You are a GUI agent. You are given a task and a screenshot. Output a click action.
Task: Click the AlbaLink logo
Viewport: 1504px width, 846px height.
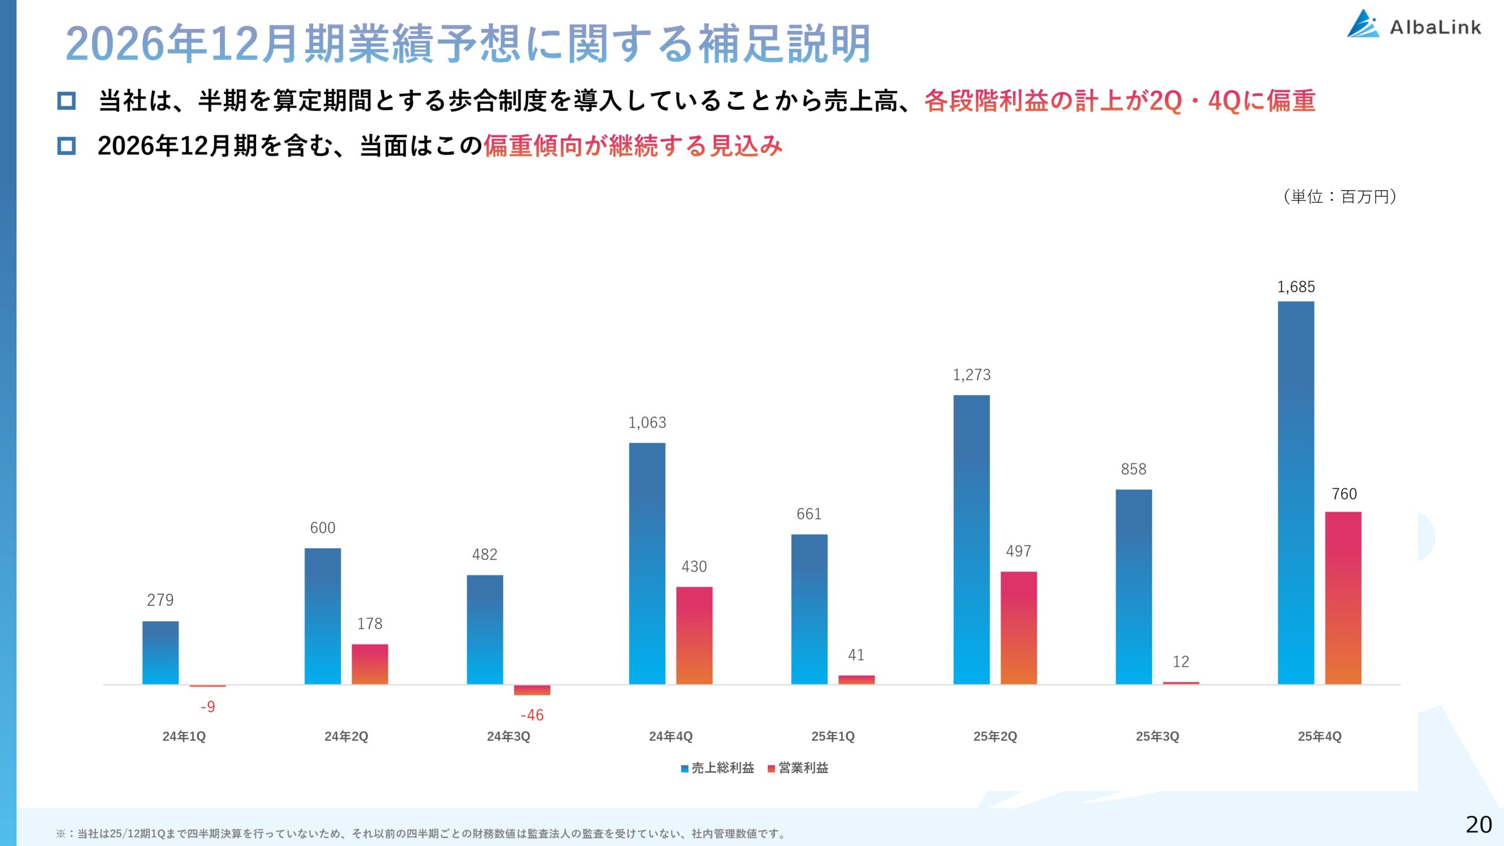[x=1414, y=25]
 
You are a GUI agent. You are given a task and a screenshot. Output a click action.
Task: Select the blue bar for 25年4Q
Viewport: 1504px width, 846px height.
[x=1295, y=493]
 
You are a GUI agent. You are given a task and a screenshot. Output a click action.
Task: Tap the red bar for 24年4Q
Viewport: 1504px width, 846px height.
[x=694, y=636]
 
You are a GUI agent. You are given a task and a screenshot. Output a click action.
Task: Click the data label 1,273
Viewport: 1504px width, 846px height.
[x=971, y=375]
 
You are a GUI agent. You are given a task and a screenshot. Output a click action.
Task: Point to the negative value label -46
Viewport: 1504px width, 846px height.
[x=532, y=715]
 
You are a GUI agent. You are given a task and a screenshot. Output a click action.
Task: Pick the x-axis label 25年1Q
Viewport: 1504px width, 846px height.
[x=832, y=736]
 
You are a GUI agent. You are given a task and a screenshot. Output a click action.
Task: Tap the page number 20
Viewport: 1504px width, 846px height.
[x=1478, y=825]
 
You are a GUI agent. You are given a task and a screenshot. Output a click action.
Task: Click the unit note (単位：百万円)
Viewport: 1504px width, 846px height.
[x=1339, y=196]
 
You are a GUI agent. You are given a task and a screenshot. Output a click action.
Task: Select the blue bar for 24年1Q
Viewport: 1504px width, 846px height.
[x=160, y=653]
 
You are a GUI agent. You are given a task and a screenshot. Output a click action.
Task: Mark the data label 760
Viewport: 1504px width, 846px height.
[x=1344, y=494]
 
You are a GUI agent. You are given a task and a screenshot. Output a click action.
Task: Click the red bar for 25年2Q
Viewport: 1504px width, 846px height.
[x=1018, y=627]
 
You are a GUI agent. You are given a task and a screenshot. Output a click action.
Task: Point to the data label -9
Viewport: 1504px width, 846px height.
[x=207, y=707]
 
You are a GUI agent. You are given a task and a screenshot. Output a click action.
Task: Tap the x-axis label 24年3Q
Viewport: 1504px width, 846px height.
[x=508, y=736]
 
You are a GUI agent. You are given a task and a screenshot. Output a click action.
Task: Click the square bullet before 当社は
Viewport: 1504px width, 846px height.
[x=66, y=100]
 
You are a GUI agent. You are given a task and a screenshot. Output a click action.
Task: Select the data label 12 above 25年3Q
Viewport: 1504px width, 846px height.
[x=1180, y=662]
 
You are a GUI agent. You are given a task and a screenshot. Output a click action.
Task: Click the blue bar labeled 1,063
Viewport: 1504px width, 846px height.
[x=647, y=564]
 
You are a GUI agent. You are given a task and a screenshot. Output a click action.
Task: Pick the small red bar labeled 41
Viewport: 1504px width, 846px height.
[x=856, y=680]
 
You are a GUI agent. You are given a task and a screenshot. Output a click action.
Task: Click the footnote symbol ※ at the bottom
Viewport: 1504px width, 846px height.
[x=61, y=834]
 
